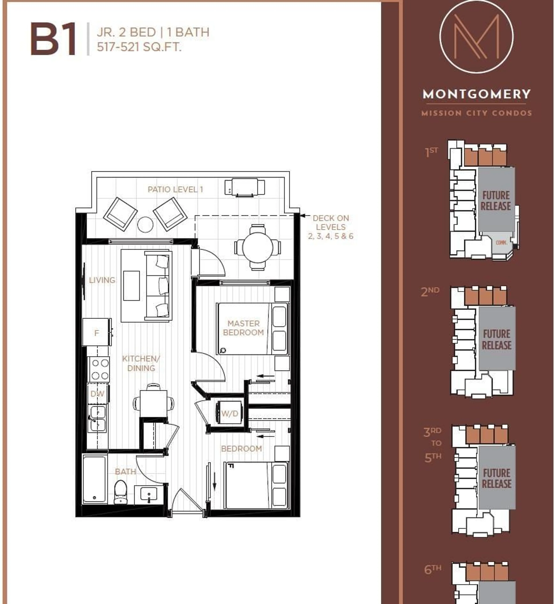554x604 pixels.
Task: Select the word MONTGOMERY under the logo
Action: pyautogui.click(x=476, y=94)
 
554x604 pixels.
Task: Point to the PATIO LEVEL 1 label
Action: pyautogui.click(x=175, y=189)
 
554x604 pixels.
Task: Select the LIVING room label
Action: pyautogui.click(x=102, y=280)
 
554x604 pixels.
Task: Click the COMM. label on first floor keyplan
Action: pyautogui.click(x=501, y=242)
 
